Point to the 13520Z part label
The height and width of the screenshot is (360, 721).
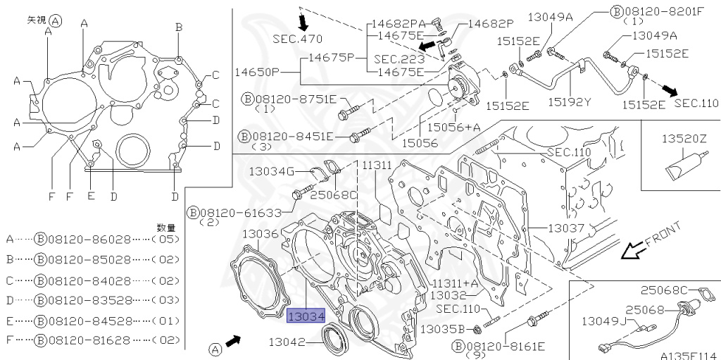pyautogui.click(x=683, y=140)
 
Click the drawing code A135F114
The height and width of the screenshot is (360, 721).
pyautogui.click(x=689, y=354)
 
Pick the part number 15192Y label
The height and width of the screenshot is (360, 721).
pyautogui.click(x=570, y=101)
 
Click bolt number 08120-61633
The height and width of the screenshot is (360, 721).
pyautogui.click(x=240, y=212)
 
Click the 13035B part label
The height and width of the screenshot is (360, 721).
pyautogui.click(x=442, y=328)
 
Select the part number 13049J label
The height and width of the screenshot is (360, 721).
pyautogui.click(x=603, y=321)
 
